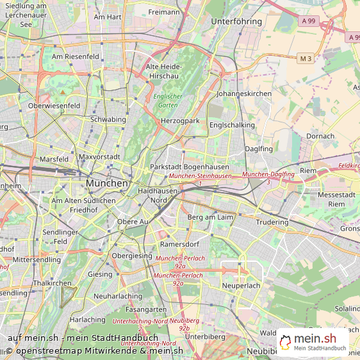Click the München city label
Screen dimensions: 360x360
(106, 183)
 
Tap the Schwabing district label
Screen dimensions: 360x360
(108, 119)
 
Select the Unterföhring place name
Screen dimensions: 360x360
(236, 21)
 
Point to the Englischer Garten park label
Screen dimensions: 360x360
(168, 100)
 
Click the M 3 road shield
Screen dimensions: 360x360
(306, 59)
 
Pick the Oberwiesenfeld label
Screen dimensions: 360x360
(54, 105)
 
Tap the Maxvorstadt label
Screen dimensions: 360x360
(99, 157)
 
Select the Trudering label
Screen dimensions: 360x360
(272, 222)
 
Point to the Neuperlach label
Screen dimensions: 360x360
(241, 285)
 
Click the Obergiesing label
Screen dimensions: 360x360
(132, 256)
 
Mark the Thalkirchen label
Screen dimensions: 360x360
(52, 282)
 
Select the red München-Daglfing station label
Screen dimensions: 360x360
(268, 174)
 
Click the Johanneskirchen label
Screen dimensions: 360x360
(245, 94)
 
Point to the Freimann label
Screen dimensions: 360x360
(164, 12)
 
